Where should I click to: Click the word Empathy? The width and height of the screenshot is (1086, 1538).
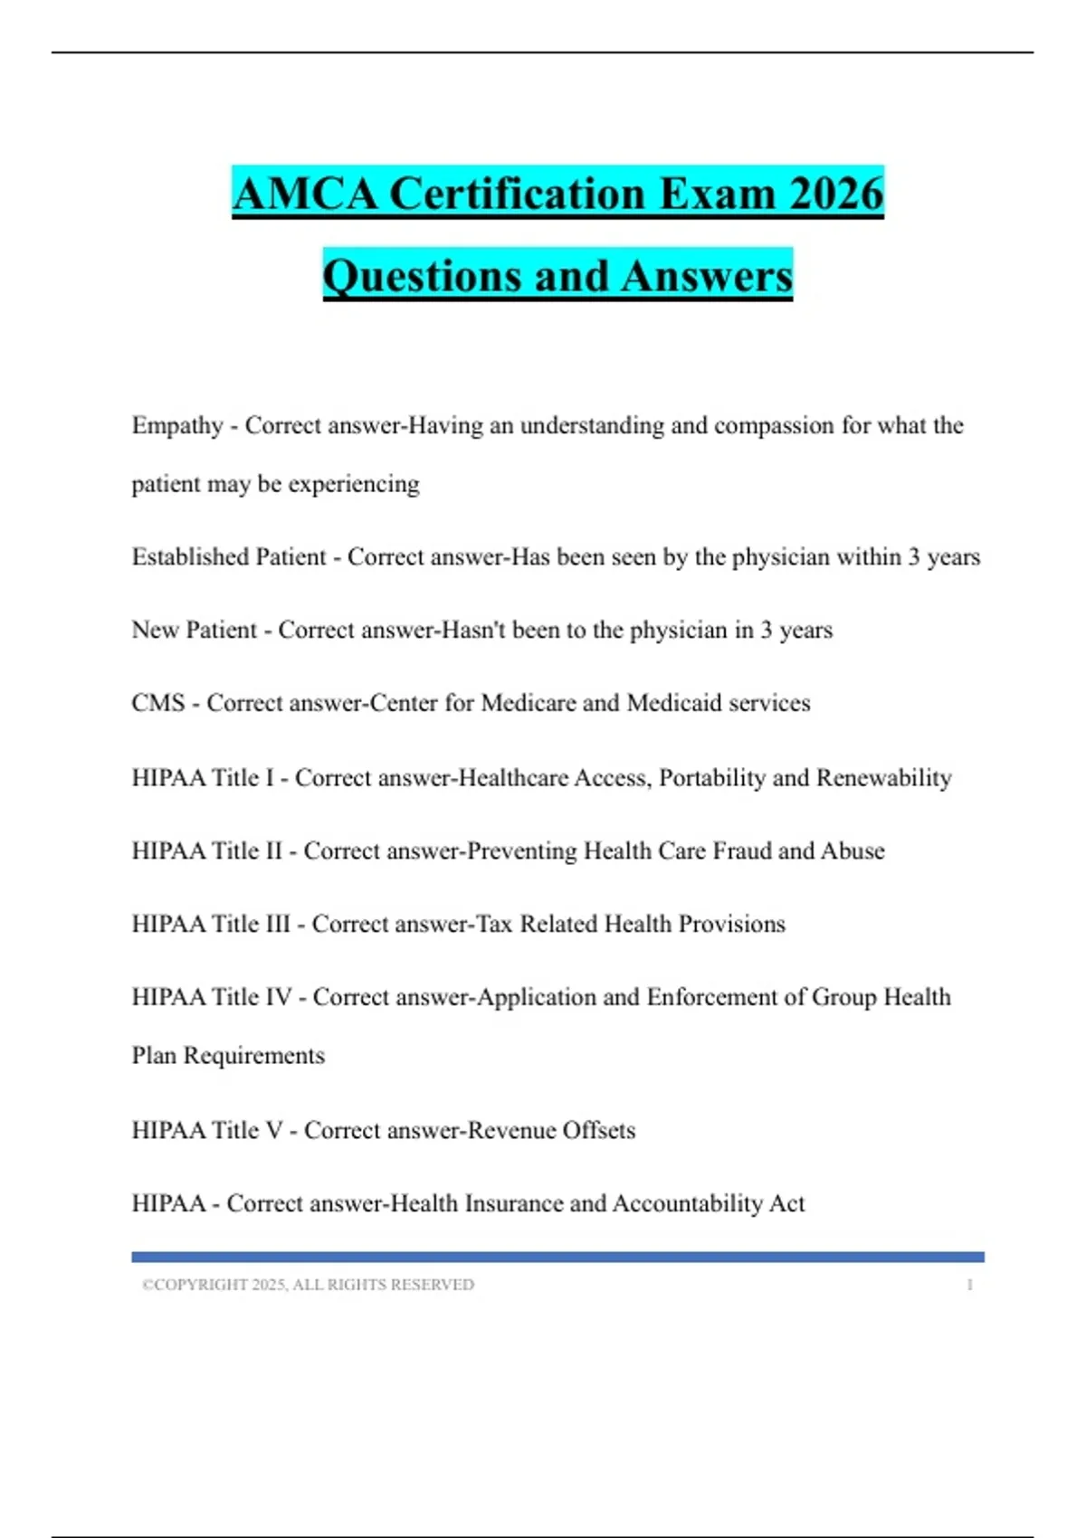[x=177, y=425]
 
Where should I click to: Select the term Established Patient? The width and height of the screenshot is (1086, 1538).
[x=229, y=556]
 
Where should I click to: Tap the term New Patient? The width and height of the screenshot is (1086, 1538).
[x=194, y=630]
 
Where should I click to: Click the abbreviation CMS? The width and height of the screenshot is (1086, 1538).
[x=158, y=703]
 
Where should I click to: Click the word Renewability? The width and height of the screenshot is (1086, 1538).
[x=883, y=778]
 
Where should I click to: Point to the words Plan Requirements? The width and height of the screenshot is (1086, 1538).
[x=228, y=1056]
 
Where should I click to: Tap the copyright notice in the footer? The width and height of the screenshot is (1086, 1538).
[x=308, y=1285]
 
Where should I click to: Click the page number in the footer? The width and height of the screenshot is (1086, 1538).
[x=969, y=1285]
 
